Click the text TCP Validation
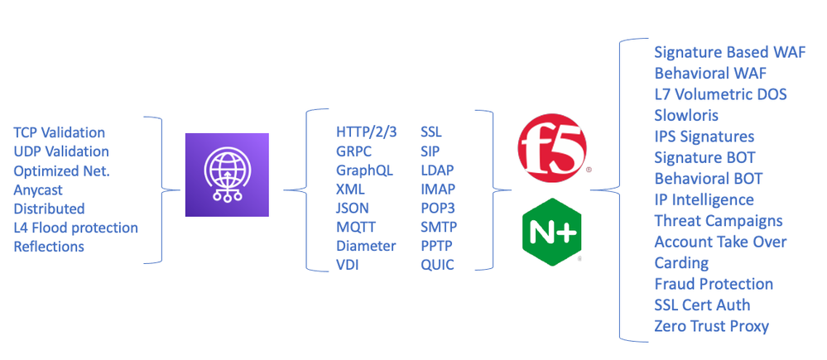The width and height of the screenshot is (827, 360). pos(60,132)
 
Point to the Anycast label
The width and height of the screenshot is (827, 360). pos(38,190)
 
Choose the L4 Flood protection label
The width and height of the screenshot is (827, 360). pos(75,228)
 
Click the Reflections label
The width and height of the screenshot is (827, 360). pos(49,247)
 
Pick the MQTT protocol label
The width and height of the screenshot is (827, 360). pos(355,227)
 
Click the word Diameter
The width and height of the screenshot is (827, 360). pos(366,246)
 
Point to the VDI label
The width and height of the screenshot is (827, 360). pos(348,265)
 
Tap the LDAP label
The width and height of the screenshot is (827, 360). pos(437,170)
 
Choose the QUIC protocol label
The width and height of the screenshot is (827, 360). pos(437,265)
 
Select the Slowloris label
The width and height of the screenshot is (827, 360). pos(686,115)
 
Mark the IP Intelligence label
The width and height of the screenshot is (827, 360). pos(704,199)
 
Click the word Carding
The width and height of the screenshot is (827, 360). pos(681,263)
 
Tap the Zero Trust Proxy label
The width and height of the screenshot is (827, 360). pos(711,326)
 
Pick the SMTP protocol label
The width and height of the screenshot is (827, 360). pos(439,227)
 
